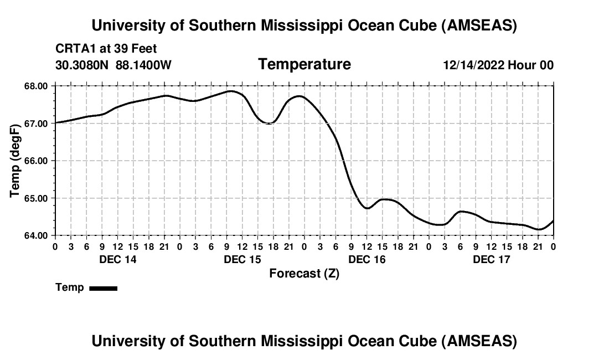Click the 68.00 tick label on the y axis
tap(37, 86)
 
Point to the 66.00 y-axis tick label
tap(37, 161)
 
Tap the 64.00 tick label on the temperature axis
tap(37, 235)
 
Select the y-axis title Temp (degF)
tap(15, 161)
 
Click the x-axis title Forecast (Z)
tap(304, 273)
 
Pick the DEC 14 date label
tap(117, 259)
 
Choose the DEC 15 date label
tap(242, 259)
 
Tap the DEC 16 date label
tap(367, 259)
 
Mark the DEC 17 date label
tap(491, 259)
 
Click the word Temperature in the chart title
tap(304, 64)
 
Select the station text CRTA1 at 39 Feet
tap(106, 49)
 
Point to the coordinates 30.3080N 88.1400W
tap(113, 65)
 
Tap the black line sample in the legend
tap(103, 288)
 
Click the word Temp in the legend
tap(70, 287)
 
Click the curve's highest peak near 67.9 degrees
tap(231, 91)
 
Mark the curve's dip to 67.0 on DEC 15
tap(269, 123)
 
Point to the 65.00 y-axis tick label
tap(37, 198)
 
